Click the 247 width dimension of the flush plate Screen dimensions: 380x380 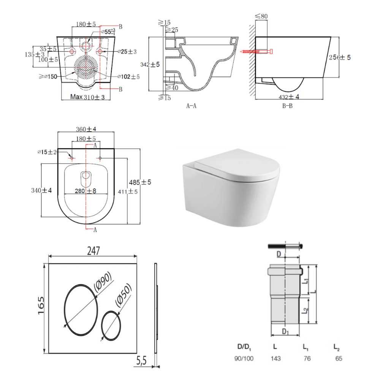tap(93, 251)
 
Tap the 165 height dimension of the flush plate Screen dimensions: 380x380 tap(41, 306)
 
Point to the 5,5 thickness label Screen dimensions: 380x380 tap(141, 361)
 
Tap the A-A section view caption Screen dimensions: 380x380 tap(191, 106)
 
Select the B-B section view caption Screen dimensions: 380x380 tap(287, 106)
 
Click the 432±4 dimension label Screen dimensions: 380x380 tap(289, 97)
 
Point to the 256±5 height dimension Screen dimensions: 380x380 tap(340, 57)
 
